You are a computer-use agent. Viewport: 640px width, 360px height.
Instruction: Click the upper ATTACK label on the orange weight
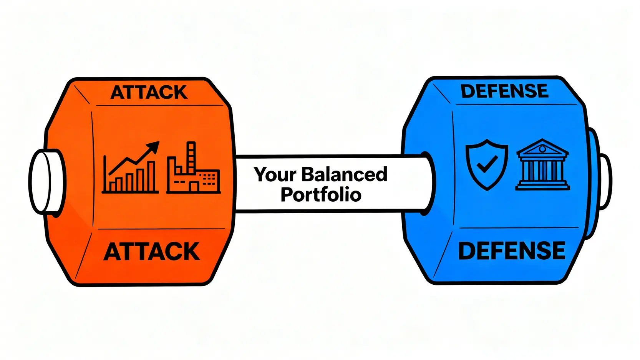click(x=149, y=93)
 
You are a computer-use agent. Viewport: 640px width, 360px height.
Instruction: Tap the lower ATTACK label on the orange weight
click(x=152, y=252)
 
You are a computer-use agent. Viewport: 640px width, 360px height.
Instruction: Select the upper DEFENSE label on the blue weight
click(x=504, y=91)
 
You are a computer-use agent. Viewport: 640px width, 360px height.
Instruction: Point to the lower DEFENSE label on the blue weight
click(x=512, y=251)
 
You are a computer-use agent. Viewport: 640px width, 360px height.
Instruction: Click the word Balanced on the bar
click(x=344, y=174)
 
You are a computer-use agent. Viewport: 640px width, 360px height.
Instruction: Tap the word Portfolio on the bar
click(x=321, y=194)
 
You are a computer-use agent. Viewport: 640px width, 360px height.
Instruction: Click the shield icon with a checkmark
click(x=487, y=164)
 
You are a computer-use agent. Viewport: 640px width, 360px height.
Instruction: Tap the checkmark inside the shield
click(x=487, y=164)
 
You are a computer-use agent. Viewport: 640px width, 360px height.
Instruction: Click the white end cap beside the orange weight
click(x=45, y=181)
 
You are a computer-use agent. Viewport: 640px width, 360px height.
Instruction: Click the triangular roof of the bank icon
click(x=542, y=148)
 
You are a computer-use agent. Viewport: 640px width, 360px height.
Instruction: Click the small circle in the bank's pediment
click(x=542, y=149)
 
